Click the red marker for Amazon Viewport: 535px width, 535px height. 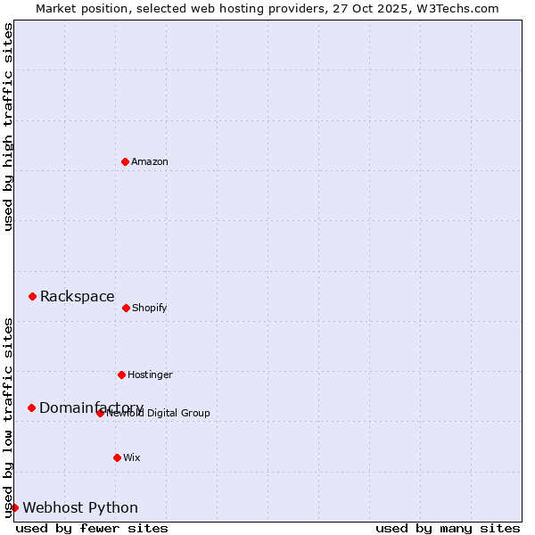[125, 161]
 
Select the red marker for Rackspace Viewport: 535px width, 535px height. [32, 296]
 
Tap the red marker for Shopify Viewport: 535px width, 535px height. [126, 308]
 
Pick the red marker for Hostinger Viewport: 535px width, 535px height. [121, 374]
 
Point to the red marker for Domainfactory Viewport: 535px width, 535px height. [31, 407]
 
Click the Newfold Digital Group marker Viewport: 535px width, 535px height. [100, 413]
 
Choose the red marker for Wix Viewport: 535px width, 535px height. [117, 457]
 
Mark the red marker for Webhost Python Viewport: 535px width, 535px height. [14, 507]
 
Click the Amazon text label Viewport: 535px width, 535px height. [150, 161]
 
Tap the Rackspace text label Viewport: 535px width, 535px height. [78, 297]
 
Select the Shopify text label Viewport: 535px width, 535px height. [150, 308]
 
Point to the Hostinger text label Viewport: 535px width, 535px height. [150, 374]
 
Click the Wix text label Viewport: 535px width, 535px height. [132, 457]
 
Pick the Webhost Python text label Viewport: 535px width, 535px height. [80, 508]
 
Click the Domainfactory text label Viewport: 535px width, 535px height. [91, 407]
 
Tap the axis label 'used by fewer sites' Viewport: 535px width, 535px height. [92, 528]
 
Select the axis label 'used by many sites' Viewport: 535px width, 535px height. [448, 528]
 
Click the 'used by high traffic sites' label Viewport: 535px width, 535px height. [8, 127]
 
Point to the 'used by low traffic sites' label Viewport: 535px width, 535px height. [8, 417]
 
